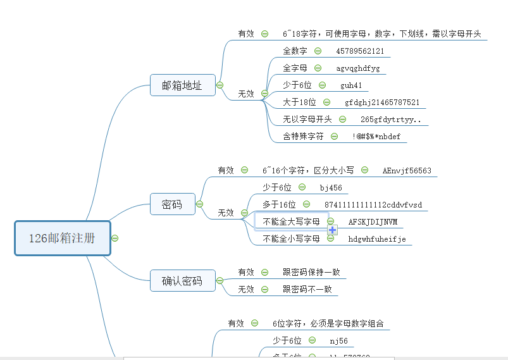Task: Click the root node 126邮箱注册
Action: (62, 238)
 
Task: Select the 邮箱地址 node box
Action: (182, 85)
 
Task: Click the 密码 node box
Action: (172, 204)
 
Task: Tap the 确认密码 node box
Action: (182, 280)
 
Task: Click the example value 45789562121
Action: (360, 51)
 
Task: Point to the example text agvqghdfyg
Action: (357, 68)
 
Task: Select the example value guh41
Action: (351, 85)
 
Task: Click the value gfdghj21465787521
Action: (381, 102)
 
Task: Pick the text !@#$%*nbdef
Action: (376, 136)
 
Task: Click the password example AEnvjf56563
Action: (407, 171)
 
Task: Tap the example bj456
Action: (331, 188)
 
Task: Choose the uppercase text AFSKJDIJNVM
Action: (373, 221)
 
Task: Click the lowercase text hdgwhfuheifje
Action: (376, 239)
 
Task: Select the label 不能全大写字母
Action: (292, 221)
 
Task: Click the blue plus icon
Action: (332, 230)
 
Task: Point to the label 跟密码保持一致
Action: (311, 272)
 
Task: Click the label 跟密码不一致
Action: (307, 289)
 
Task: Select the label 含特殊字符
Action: (303, 136)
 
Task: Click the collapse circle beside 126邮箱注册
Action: (115, 238)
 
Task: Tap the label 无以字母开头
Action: (307, 119)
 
